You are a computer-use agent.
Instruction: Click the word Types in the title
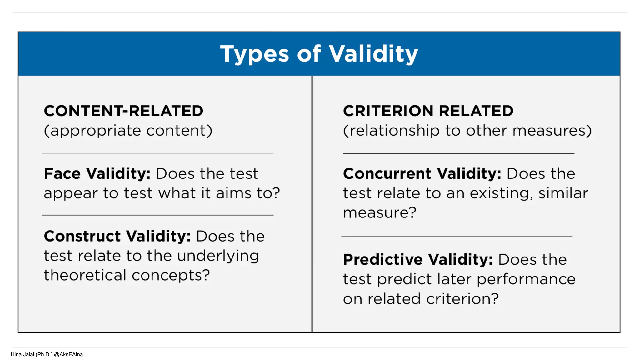(x=254, y=54)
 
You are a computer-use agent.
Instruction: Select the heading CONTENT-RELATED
(x=123, y=111)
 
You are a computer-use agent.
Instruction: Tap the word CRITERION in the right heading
(x=388, y=111)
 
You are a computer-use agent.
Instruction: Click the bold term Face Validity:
(x=97, y=174)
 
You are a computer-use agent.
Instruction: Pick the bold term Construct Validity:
(x=117, y=236)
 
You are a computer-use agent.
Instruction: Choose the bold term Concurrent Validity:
(x=422, y=174)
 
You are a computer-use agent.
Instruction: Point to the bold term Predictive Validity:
(x=418, y=260)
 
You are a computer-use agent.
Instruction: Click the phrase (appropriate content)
(x=128, y=131)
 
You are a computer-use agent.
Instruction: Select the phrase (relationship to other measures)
(x=467, y=131)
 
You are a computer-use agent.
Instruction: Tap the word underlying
(x=218, y=256)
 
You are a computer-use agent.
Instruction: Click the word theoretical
(x=85, y=275)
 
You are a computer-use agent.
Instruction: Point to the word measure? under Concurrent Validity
(x=380, y=213)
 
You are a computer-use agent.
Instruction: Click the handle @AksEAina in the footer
(x=68, y=354)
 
